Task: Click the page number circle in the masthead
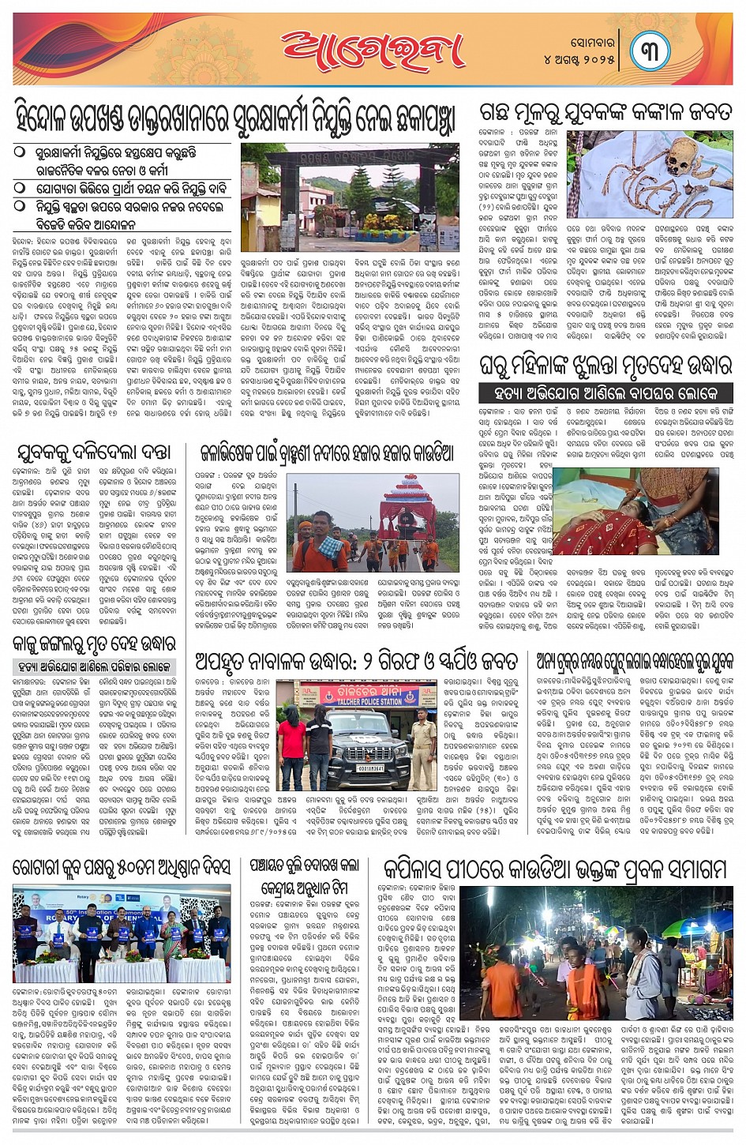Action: pos(650,51)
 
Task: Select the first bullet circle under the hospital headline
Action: pos(20,151)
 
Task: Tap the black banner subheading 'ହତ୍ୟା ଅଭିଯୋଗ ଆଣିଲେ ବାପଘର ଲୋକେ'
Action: pos(605,392)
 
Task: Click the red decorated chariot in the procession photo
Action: pos(410,510)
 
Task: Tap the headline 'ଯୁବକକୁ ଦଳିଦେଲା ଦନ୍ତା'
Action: pos(94,452)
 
